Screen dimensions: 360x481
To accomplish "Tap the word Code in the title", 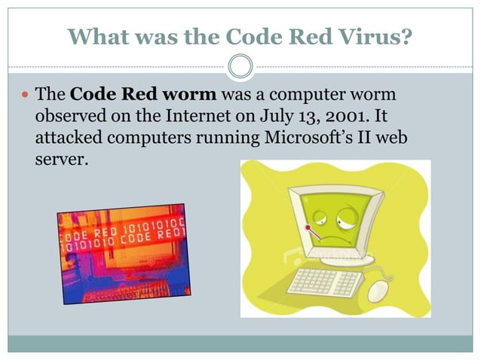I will pos(220,36).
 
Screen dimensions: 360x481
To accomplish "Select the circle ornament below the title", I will pos(240,68).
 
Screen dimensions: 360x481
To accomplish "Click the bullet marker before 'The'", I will pos(25,96).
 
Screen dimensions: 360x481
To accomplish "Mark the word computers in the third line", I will pos(149,139).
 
